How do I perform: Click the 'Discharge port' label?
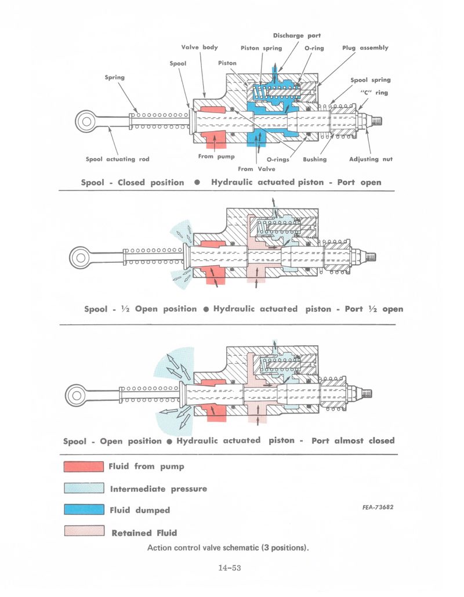(296, 36)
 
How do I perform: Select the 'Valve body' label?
(200, 48)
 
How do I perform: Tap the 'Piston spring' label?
(261, 48)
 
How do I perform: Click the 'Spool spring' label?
(370, 80)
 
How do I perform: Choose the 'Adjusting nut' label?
(371, 159)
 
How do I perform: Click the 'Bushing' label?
(314, 159)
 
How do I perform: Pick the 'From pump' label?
(216, 156)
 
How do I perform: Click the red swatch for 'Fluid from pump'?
(84, 466)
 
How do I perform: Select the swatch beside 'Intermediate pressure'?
(84, 489)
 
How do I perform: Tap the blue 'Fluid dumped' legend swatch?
(84, 510)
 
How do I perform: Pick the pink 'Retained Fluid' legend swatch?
(84, 532)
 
